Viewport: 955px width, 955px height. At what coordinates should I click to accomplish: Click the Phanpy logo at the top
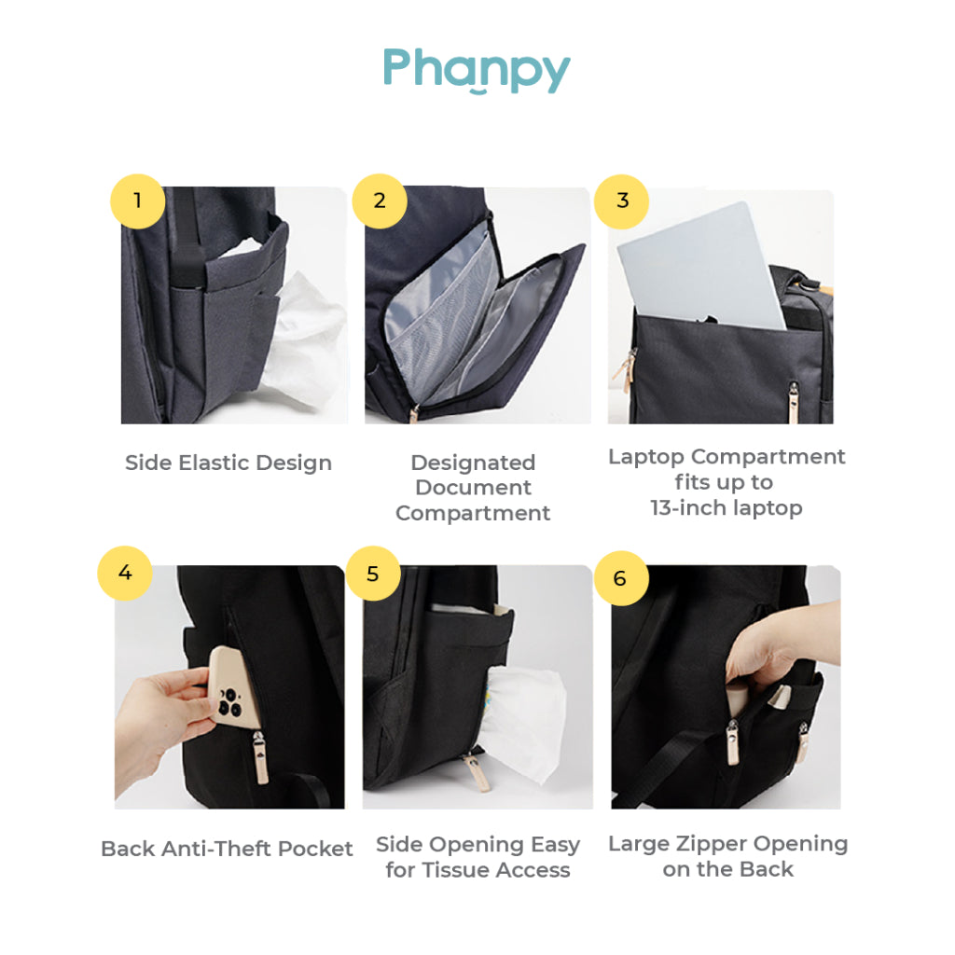coord(477,70)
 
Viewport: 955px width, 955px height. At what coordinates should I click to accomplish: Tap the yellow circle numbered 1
coord(138,201)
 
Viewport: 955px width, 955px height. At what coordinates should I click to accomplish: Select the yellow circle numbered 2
coord(380,201)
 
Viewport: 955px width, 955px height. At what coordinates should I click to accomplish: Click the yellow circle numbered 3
coord(623,201)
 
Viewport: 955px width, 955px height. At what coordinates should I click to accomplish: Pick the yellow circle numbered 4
coord(125,572)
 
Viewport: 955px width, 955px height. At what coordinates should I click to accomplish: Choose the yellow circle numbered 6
coord(620,578)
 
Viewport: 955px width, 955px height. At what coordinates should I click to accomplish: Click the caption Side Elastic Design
coord(228,463)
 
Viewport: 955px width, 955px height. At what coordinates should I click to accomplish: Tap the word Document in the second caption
coord(473,488)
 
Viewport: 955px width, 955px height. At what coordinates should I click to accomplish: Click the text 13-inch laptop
coord(726,508)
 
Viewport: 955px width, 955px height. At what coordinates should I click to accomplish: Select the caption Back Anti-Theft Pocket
coord(227,849)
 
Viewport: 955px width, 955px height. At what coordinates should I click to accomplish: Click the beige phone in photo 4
coord(234,690)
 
